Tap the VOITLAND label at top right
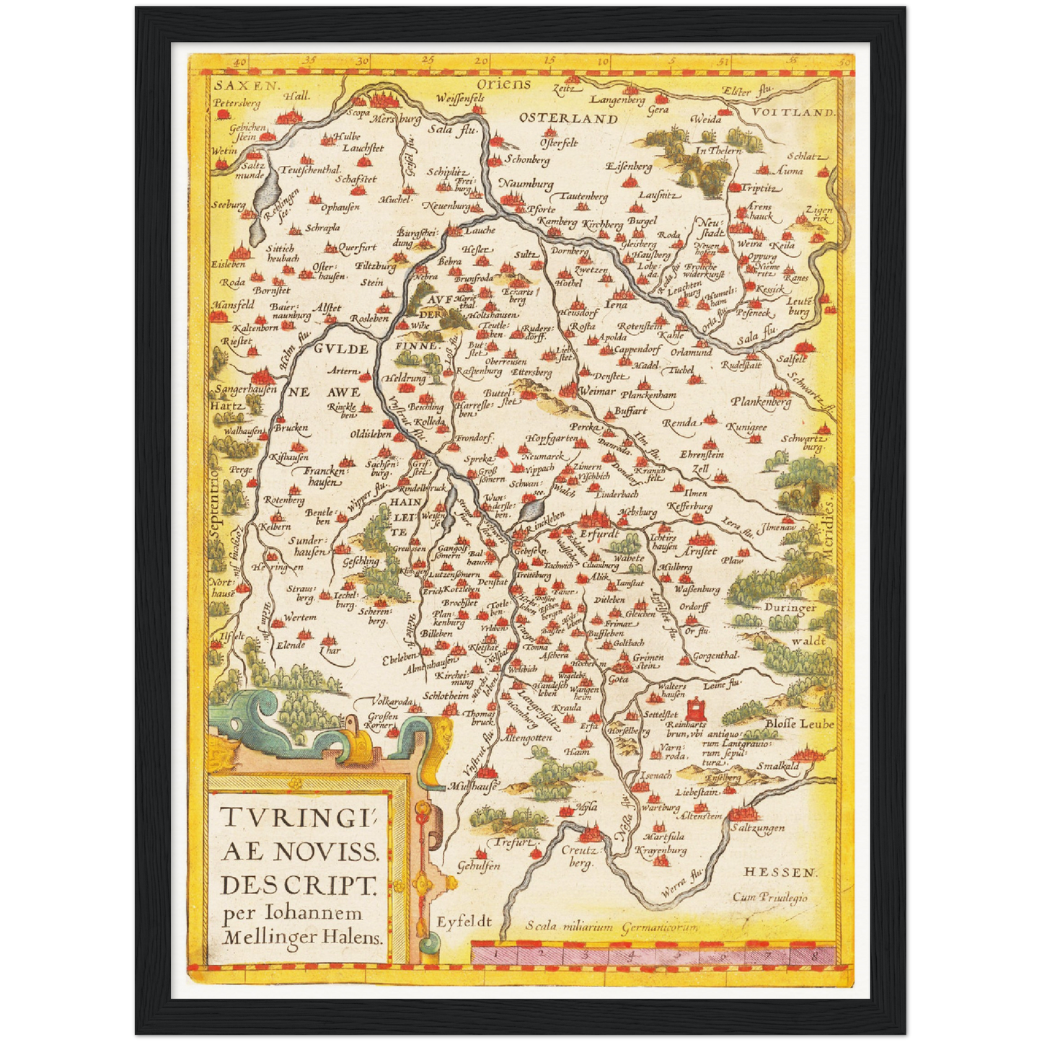coord(793,112)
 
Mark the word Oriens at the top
coord(503,84)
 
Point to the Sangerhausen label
coord(246,389)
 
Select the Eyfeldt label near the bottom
coord(464,922)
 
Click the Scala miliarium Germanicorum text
coord(611,927)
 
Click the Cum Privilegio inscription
coord(770,897)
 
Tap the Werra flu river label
coord(681,883)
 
